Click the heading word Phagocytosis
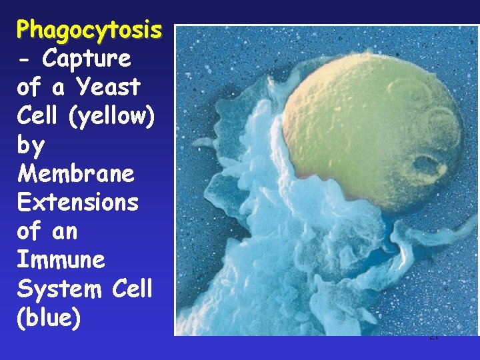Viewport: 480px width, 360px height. click(89, 30)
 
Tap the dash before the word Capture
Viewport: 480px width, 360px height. click(25, 59)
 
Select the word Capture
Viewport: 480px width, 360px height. click(87, 59)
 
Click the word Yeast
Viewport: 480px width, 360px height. click(108, 87)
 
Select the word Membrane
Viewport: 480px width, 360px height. click(76, 174)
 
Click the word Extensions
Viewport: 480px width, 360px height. click(78, 203)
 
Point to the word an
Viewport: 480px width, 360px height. click(66, 231)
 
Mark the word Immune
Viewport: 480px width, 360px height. click(61, 260)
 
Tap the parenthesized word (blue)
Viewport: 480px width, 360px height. click(49, 318)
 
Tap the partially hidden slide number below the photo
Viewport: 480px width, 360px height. click(433, 338)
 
